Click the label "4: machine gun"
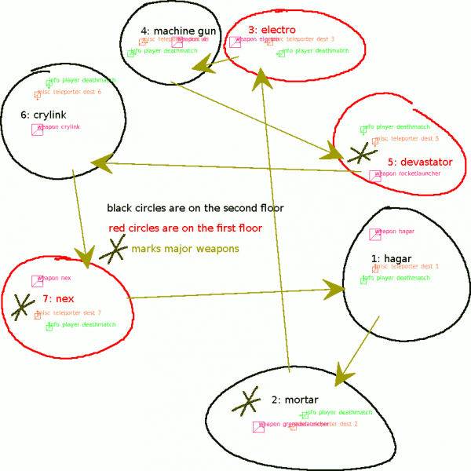pos(178,31)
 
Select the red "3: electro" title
pos(272,30)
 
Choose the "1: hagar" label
pos(390,257)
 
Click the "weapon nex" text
pos(54,279)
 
